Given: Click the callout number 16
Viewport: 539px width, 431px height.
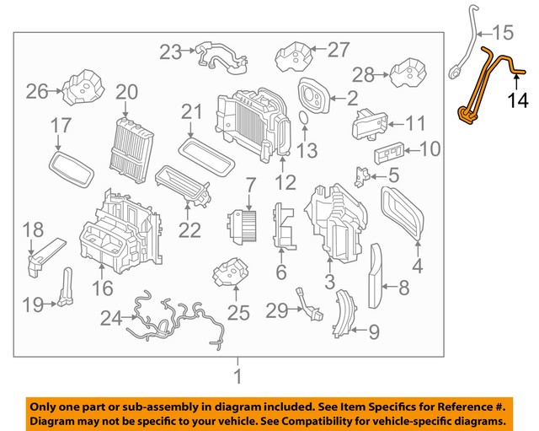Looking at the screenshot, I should click(x=101, y=289).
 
